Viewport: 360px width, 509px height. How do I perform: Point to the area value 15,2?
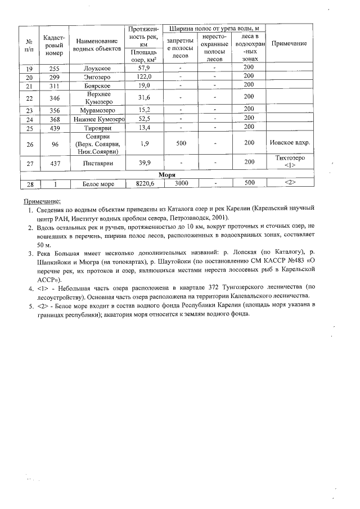[144, 110]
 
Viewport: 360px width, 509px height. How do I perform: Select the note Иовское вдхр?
[289, 143]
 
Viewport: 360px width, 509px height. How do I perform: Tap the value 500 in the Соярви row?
[181, 143]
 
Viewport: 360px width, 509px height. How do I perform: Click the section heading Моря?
[167, 175]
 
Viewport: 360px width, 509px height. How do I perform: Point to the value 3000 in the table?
[181, 183]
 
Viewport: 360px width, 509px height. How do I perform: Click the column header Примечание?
[289, 44]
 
